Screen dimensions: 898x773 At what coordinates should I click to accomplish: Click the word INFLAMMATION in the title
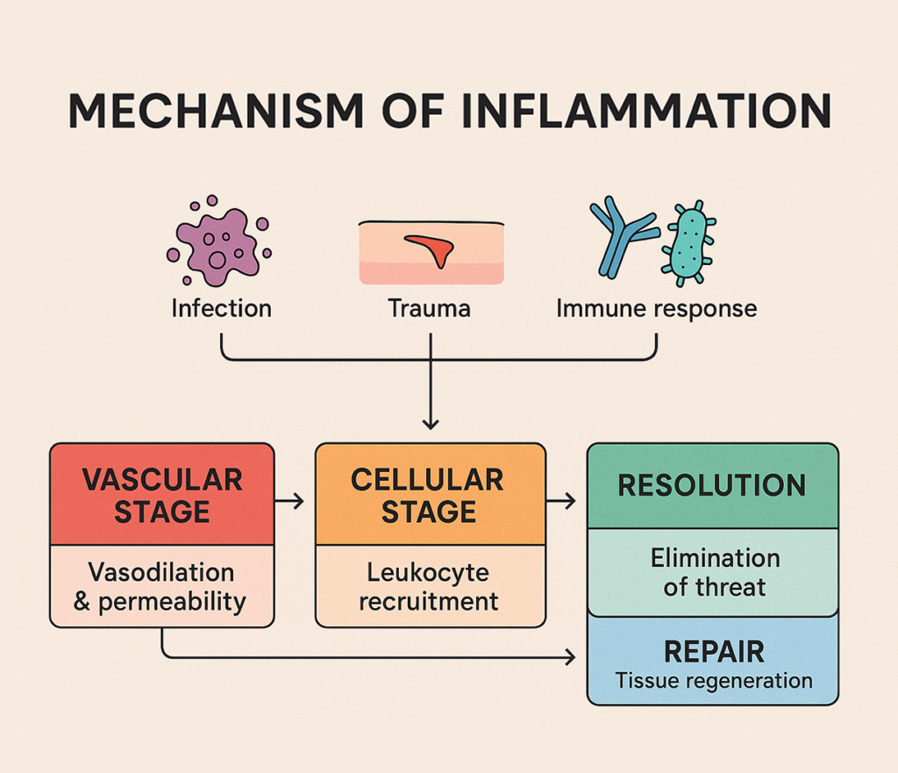click(646, 111)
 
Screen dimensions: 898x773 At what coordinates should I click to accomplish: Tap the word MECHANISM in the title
click(216, 111)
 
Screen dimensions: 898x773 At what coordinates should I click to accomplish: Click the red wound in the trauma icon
click(431, 249)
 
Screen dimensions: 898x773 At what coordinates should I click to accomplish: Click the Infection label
click(222, 309)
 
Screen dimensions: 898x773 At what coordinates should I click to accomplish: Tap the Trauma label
click(430, 309)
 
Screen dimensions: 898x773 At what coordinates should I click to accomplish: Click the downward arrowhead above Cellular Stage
click(431, 425)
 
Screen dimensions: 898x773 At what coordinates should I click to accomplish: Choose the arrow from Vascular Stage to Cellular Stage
click(289, 501)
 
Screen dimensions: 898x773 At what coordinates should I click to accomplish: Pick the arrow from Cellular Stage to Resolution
click(560, 501)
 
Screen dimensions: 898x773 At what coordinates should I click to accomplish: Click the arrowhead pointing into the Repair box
click(570, 656)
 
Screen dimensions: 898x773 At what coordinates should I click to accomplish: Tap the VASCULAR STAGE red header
click(162, 494)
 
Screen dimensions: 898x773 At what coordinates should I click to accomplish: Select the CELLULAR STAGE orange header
click(430, 494)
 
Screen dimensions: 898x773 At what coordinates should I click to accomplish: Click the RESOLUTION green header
click(712, 486)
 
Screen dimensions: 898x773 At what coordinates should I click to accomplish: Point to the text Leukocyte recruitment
click(428, 587)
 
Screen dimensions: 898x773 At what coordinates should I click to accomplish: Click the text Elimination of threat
click(715, 572)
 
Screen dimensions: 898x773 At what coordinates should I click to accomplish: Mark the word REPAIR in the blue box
click(714, 652)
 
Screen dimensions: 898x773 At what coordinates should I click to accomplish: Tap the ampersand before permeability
click(82, 601)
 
